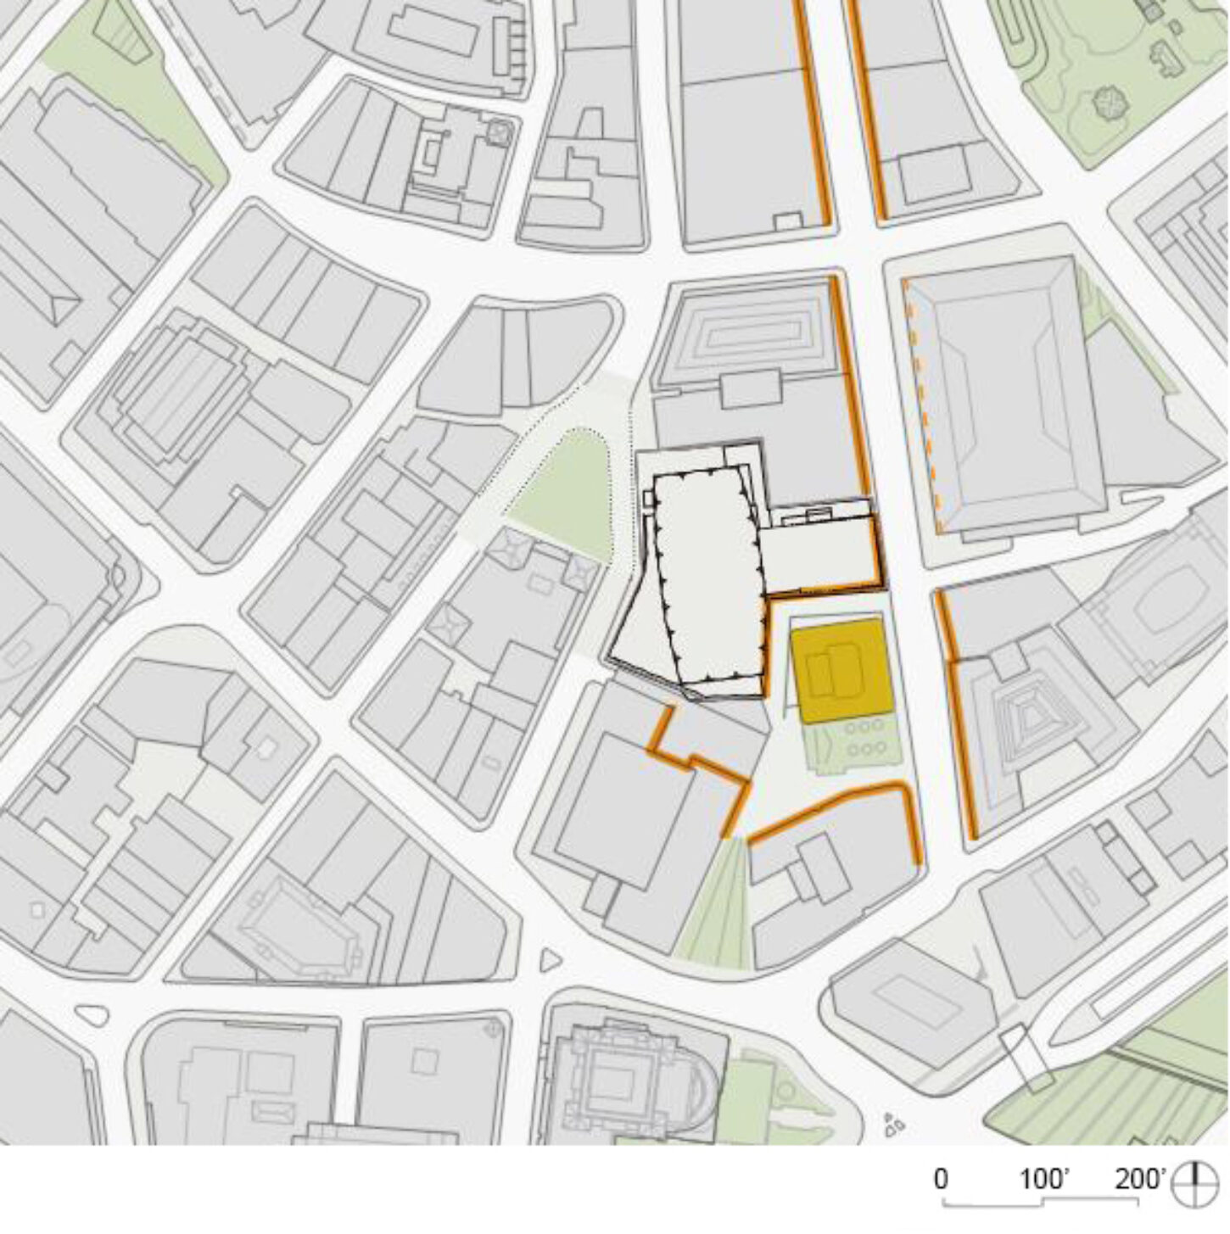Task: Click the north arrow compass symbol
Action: [1194, 1184]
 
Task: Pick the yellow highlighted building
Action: [841, 671]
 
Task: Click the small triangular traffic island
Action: [550, 958]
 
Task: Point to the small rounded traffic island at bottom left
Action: [93, 1015]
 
